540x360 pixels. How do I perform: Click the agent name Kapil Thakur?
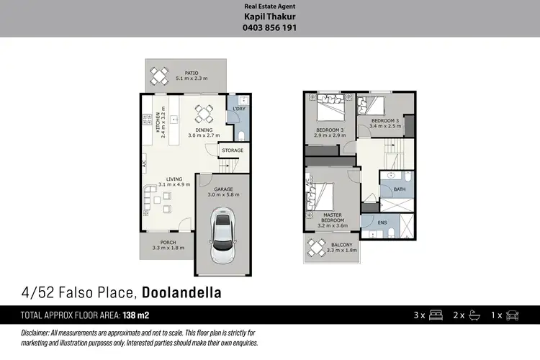270,17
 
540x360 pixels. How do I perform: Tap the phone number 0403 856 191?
270,28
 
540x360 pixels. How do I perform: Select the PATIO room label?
191,73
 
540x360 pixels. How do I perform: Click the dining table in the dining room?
204,112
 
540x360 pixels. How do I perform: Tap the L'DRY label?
238,109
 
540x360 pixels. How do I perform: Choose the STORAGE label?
232,150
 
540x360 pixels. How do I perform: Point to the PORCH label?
168,243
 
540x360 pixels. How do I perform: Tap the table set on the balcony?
317,248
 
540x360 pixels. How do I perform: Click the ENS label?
382,222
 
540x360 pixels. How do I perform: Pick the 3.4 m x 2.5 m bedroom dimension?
385,126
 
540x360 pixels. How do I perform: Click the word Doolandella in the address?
181,292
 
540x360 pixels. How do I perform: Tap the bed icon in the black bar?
436,315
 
